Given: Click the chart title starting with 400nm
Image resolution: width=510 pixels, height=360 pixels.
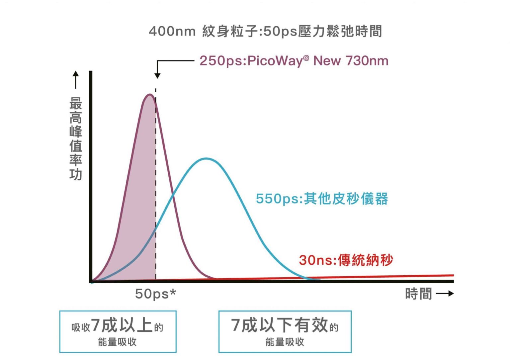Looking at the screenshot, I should pyautogui.click(x=265, y=31).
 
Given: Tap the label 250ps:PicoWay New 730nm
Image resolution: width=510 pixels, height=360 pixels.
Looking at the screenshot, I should pyautogui.click(x=294, y=61).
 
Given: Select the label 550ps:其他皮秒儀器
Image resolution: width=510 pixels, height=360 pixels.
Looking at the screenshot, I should pyautogui.click(x=321, y=199).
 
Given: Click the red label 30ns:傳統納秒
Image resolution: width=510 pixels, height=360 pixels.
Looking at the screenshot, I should pyautogui.click(x=346, y=260).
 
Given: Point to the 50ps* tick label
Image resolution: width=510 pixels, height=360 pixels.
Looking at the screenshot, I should pyautogui.click(x=155, y=294).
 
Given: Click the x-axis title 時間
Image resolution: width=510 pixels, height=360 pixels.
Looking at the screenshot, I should pyautogui.click(x=418, y=294).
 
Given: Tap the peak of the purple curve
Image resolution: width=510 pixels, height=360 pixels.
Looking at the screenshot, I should pyautogui.click(x=149, y=95).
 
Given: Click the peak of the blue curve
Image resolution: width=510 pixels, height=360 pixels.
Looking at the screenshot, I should pyautogui.click(x=206, y=158).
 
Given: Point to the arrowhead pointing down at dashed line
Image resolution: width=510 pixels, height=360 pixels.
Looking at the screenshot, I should pyautogui.click(x=157, y=76).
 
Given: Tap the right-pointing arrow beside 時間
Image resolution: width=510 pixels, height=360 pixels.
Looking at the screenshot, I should pyautogui.click(x=445, y=293).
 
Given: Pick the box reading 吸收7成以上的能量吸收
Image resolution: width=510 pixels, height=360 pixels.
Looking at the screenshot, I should pyautogui.click(x=118, y=331).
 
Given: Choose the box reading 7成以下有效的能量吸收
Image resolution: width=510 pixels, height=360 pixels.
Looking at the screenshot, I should pyautogui.click(x=285, y=331).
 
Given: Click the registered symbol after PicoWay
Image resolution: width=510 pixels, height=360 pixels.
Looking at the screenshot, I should pyautogui.click(x=306, y=58).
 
